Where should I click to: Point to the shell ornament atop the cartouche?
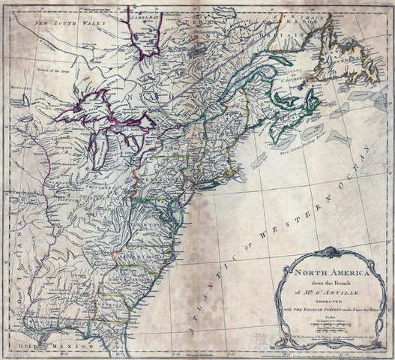tap(328, 253)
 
